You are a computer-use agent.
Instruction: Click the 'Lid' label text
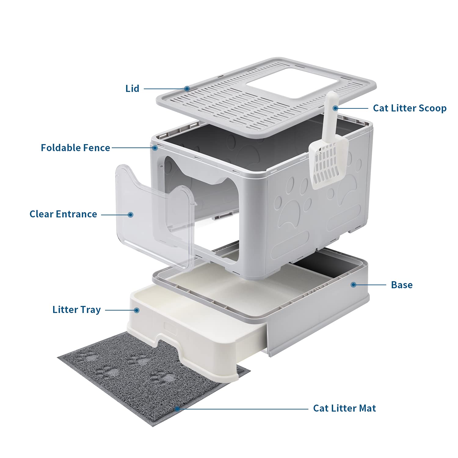click(132, 89)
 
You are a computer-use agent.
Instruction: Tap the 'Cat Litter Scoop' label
click(409, 108)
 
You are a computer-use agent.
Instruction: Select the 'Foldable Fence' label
click(75, 148)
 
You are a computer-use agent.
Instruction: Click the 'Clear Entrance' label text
click(63, 214)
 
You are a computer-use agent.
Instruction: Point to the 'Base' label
click(402, 285)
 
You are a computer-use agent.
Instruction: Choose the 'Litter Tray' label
click(76, 310)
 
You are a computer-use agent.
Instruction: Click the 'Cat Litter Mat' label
click(344, 408)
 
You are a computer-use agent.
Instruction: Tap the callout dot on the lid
click(187, 89)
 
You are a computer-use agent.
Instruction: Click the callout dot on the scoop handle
click(335, 108)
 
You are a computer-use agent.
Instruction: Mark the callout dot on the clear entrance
click(131, 215)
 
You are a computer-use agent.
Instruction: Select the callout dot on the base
click(353, 285)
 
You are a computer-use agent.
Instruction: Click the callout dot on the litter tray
click(137, 310)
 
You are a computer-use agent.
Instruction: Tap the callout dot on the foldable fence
click(155, 148)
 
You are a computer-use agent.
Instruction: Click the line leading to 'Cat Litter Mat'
click(244, 409)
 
